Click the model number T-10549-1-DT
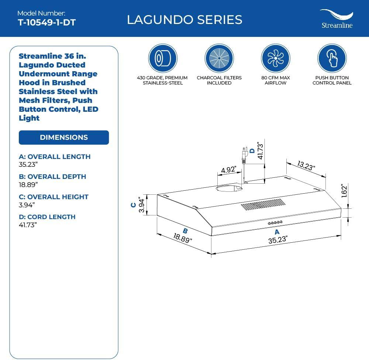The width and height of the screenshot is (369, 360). point(46,22)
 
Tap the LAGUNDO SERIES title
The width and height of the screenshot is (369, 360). point(184,20)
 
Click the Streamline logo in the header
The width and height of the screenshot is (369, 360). point(336,19)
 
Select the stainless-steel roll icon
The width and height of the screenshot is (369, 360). point(163,58)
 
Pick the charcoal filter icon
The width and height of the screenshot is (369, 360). point(219,58)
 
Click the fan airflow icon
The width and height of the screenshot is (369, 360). point(275,58)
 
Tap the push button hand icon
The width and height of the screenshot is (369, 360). point(332,58)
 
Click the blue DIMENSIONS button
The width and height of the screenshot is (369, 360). point(64,137)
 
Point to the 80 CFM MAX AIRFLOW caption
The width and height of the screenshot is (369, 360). point(275,80)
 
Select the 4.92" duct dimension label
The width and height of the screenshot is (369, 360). point(229,170)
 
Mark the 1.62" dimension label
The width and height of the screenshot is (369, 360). point(344,191)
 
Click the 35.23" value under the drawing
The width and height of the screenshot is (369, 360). point(278,240)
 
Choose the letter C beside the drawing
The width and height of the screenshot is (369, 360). point(134,205)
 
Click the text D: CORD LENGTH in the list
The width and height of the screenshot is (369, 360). point(47,217)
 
